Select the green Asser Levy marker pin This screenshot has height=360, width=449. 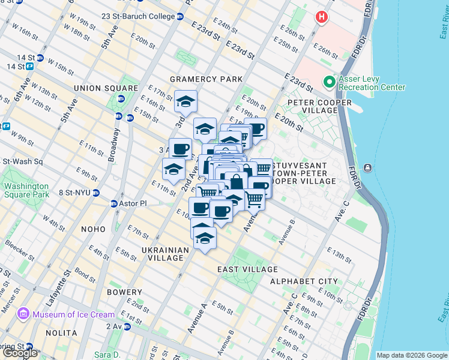tap(328, 82)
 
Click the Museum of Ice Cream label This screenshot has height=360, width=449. tap(73, 314)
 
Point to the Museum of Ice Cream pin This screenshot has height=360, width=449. tap(23, 314)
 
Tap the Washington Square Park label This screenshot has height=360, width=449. tap(26, 190)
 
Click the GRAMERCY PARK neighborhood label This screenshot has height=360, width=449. tap(206, 79)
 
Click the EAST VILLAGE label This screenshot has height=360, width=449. tap(248, 270)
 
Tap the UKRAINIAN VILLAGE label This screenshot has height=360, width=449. tap(166, 254)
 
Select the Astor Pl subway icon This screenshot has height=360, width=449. tap(114, 204)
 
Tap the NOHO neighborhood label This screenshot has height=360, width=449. tap(91, 229)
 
